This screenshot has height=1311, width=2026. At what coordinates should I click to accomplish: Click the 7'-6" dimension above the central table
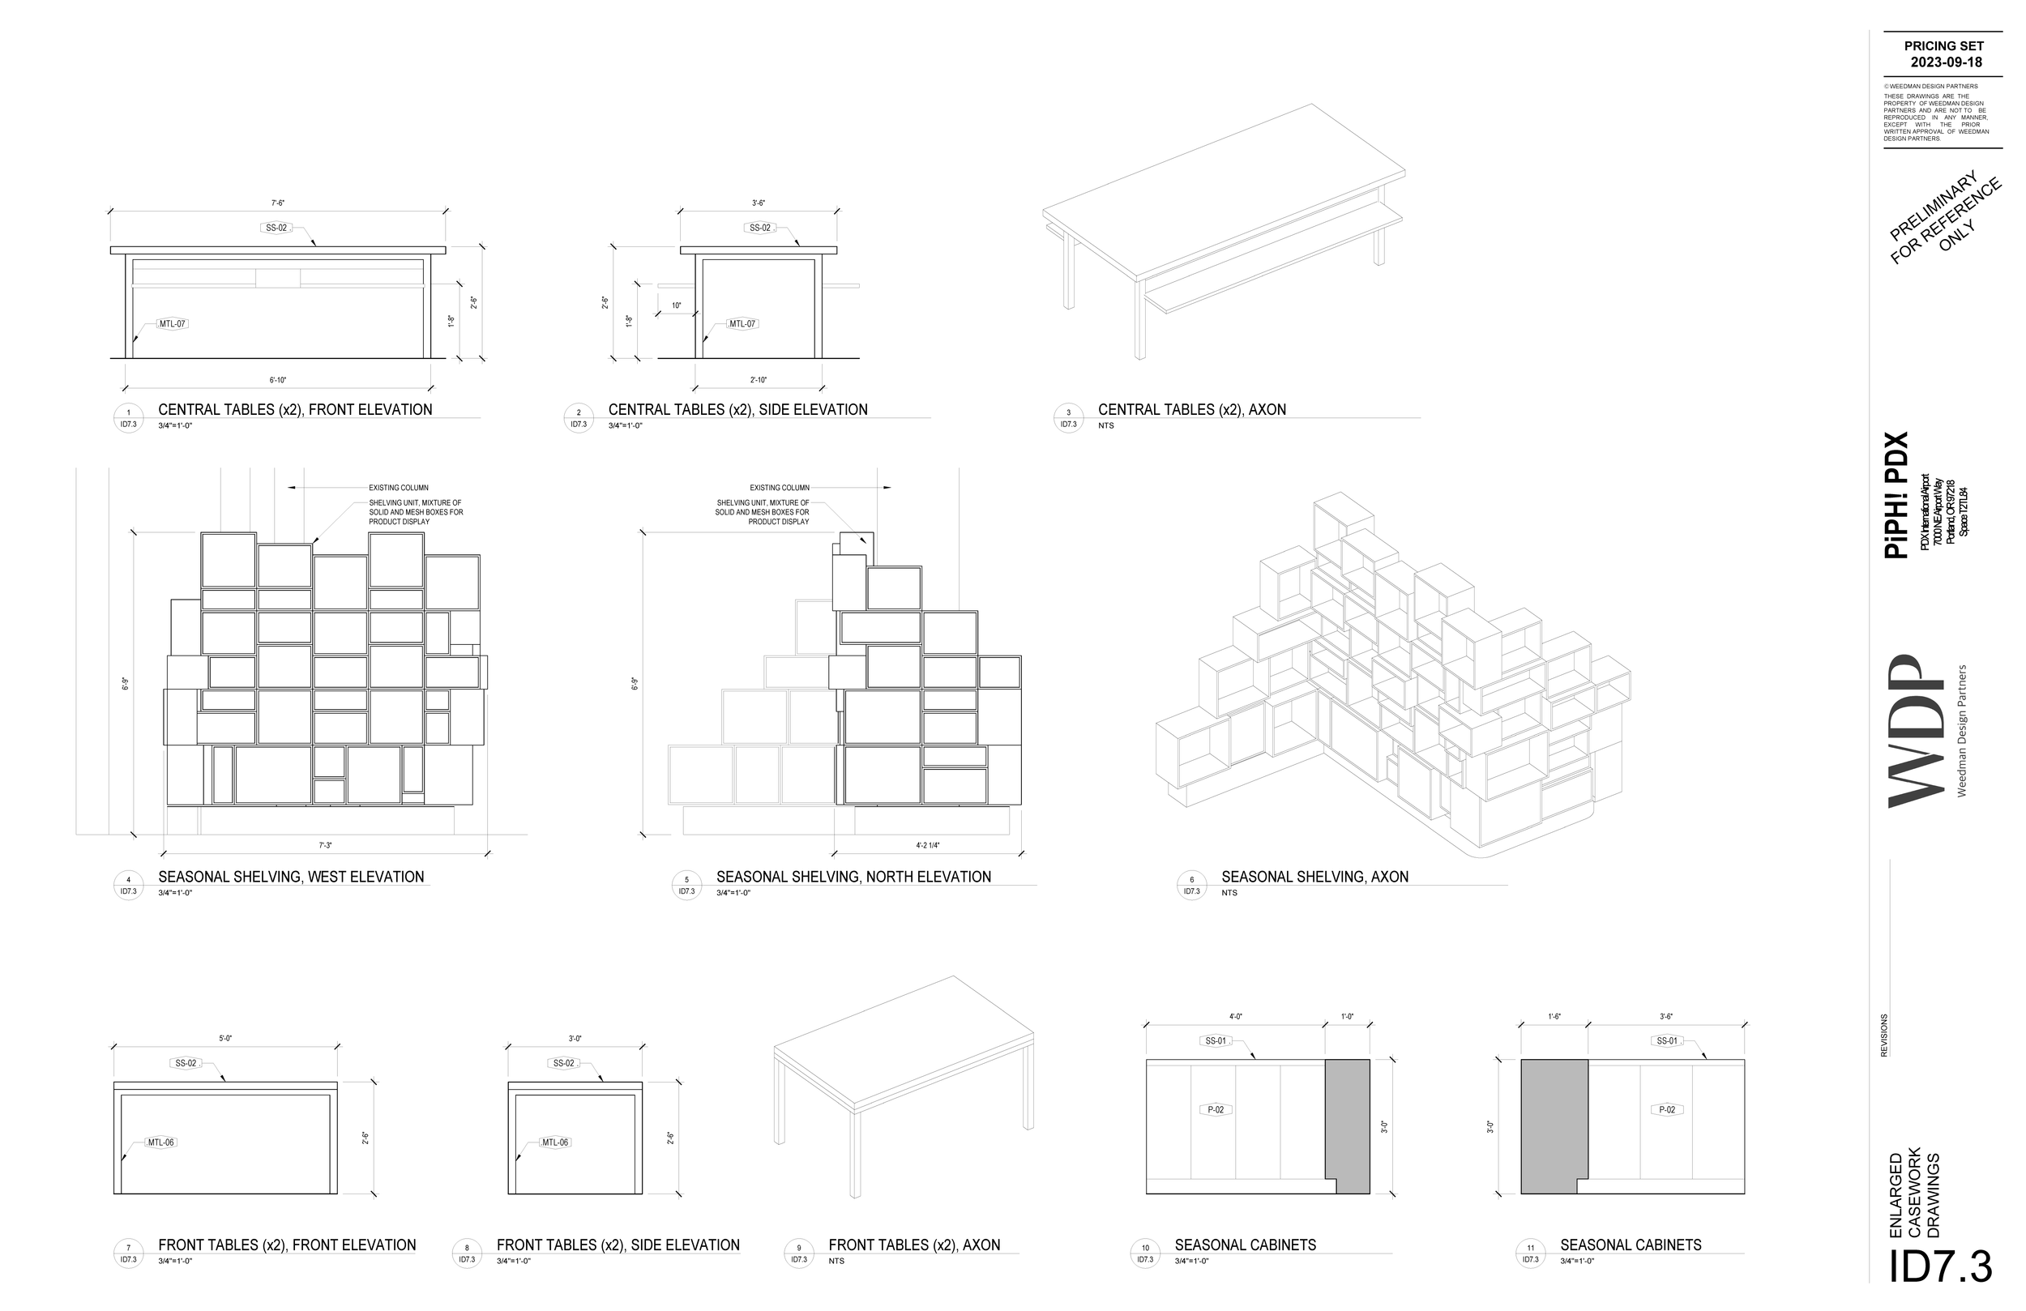tap(277, 203)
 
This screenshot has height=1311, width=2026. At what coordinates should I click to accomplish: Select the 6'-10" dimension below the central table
tap(278, 380)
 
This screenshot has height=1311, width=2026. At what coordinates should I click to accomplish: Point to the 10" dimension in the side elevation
tap(676, 305)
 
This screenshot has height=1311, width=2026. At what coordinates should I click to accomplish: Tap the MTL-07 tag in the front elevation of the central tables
tap(172, 324)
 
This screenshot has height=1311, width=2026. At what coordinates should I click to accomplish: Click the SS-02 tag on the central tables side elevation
tap(759, 228)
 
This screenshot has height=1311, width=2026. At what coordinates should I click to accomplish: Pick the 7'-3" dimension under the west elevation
tap(325, 845)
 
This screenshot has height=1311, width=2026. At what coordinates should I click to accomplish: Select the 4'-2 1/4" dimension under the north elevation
tap(928, 845)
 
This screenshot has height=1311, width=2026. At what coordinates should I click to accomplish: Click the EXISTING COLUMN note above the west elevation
tap(399, 488)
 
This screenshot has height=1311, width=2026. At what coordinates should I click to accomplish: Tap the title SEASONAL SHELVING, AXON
tap(1314, 877)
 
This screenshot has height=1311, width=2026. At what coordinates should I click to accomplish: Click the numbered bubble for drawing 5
tap(687, 886)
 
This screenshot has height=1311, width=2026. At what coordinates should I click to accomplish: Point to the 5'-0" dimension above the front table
tap(224, 1039)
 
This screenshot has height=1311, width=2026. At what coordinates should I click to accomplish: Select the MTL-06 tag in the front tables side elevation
tap(555, 1142)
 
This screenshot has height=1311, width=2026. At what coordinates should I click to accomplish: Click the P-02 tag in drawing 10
tap(1216, 1110)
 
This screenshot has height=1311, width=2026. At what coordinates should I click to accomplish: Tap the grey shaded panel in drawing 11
tap(1554, 1124)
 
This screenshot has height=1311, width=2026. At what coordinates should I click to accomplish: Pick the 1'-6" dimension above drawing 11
tap(1554, 1016)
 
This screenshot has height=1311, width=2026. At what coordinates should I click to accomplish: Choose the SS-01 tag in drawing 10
tap(1216, 1041)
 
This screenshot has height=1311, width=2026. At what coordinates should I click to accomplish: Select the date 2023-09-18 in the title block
tap(1946, 62)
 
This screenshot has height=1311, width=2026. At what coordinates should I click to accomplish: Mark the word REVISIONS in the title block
tap(1884, 1036)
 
